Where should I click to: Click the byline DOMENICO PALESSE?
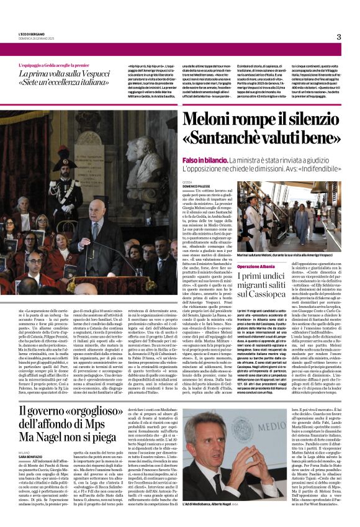click(x=196, y=186)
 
